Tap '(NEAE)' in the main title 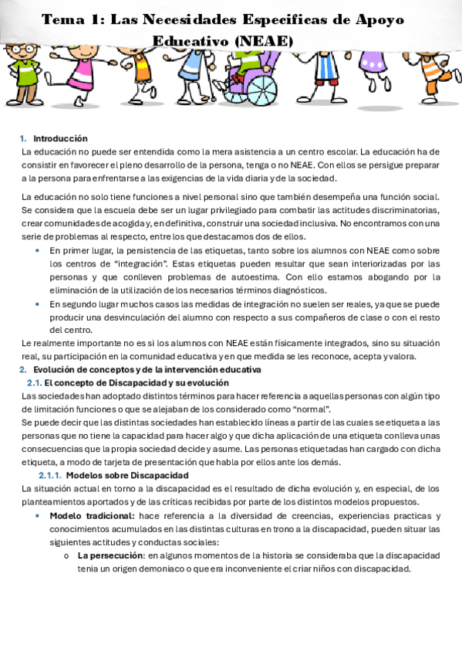coord(261,40)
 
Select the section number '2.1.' coord(34,383)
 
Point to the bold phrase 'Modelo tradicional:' coord(92,516)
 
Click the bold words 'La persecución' coord(110,556)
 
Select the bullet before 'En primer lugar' coord(39,250)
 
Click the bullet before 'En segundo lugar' coord(39,304)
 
